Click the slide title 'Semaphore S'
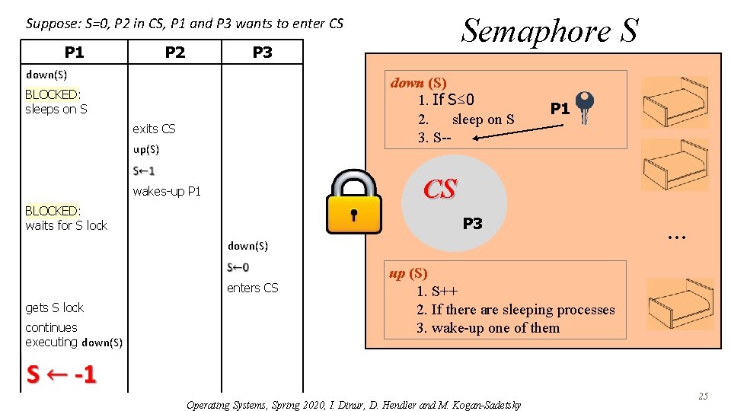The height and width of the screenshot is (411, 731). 550,30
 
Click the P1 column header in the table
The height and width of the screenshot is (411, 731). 74,52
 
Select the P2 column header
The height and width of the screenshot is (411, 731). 175,52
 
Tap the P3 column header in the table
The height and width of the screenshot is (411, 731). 262,52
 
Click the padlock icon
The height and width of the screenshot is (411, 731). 353,202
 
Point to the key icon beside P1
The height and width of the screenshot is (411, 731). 585,107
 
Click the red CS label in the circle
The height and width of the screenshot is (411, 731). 440,190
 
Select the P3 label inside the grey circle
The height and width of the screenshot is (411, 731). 472,224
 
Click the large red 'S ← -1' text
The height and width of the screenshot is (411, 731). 61,374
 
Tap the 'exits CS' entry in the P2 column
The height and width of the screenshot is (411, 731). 154,129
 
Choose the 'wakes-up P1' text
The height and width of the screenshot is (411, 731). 167,191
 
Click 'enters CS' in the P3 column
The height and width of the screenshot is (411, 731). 253,288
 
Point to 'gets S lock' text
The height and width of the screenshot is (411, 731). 54,307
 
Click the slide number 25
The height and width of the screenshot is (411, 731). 703,396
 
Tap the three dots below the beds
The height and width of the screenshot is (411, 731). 675,237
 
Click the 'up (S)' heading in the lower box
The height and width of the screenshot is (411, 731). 408,273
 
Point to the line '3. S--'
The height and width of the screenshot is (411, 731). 434,138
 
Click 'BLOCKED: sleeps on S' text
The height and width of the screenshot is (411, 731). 56,102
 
